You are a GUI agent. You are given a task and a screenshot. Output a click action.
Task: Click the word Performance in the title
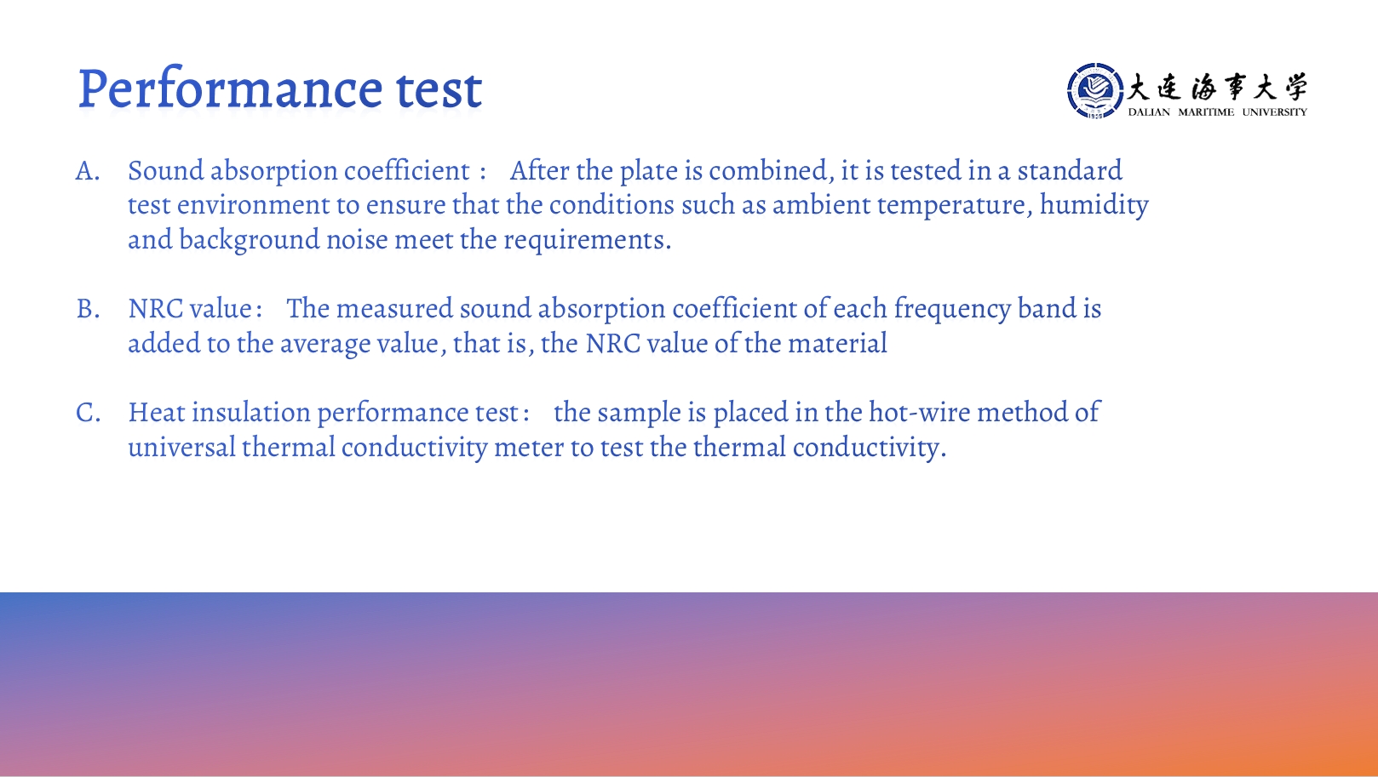[230, 89]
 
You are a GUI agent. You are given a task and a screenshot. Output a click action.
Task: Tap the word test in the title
[439, 89]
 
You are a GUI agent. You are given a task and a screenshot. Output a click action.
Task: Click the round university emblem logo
[1095, 90]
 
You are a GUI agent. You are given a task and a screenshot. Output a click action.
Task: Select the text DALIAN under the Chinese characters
[1149, 111]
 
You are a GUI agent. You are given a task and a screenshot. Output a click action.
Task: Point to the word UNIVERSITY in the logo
[1275, 111]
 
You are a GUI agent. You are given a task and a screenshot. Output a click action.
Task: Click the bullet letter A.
[88, 172]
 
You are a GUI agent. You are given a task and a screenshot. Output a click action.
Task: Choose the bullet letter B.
[88, 309]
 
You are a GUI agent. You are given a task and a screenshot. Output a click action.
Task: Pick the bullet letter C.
[88, 413]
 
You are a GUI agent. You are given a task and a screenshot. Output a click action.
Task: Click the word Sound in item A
[165, 171]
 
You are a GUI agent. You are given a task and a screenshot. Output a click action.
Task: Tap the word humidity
[1094, 205]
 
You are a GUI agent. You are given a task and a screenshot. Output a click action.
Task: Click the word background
[250, 240]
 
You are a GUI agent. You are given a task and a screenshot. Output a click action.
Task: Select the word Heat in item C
[157, 413]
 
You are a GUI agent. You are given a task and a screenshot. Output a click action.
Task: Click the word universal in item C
[182, 447]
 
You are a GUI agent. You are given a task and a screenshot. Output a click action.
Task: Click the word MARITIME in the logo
[1206, 111]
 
